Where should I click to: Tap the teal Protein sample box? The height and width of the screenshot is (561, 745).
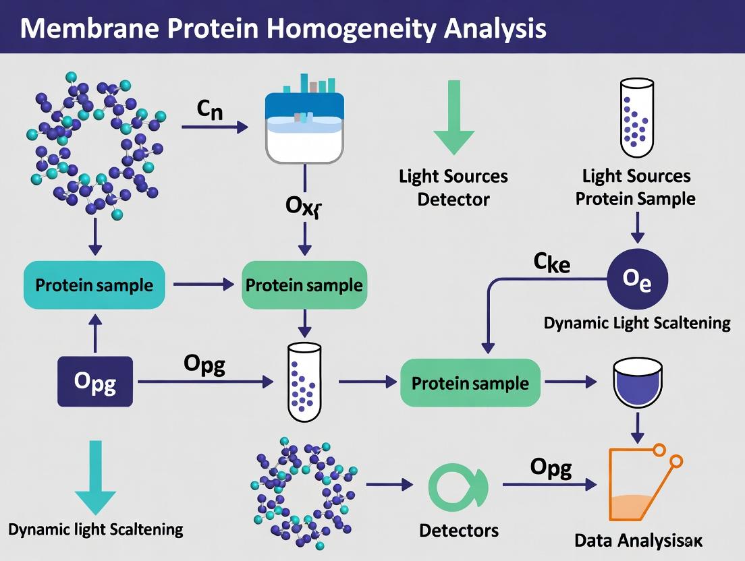94,285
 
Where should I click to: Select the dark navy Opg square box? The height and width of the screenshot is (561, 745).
94,382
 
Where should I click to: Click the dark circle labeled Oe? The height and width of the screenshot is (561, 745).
637,278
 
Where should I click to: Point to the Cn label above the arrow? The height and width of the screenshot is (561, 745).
210,110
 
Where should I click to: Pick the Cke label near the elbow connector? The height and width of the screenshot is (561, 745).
551,263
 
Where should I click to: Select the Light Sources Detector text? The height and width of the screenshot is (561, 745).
453,187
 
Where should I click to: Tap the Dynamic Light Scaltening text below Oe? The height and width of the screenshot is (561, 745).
637,323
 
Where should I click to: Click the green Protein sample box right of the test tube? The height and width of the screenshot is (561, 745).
470,383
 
